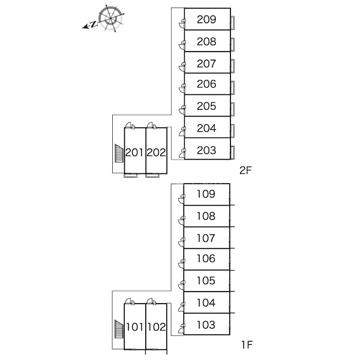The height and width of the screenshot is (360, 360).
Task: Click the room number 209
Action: [206, 19]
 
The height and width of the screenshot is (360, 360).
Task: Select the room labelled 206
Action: [206, 84]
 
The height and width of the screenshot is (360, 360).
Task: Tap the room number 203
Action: [206, 151]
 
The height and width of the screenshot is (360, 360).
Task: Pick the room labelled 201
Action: [134, 152]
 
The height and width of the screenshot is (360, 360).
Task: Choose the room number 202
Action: [156, 152]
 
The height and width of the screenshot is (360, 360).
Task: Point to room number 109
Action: [206, 194]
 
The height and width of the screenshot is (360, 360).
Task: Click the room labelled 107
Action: [206, 238]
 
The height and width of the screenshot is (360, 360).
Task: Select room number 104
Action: [206, 303]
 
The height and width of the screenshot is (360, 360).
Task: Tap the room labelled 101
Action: [135, 327]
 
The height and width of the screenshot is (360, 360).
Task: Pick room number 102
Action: [157, 327]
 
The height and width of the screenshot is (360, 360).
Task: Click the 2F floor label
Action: [245, 170]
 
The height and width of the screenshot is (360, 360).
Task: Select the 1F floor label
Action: [247, 344]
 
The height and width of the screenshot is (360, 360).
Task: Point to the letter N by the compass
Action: [94, 24]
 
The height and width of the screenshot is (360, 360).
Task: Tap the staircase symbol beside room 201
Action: [119, 154]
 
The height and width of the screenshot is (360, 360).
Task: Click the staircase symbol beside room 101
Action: [119, 329]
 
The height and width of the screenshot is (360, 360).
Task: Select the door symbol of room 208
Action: [182, 45]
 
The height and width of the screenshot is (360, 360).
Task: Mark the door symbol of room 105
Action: [182, 285]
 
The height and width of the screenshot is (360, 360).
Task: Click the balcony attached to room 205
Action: [233, 110]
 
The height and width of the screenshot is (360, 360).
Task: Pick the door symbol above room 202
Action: [151, 125]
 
